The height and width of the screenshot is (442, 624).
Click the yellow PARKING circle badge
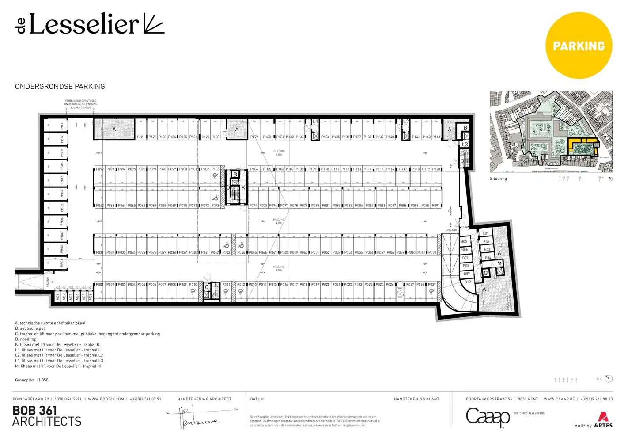point(579,46)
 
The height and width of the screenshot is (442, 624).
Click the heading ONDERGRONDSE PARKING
point(60,87)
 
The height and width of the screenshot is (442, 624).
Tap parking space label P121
point(140,137)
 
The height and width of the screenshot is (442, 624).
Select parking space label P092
point(100,169)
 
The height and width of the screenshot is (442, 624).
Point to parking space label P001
point(99,285)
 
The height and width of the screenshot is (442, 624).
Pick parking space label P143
point(436,137)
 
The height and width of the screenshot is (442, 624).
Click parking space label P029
point(432,285)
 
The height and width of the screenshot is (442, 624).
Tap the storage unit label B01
point(485,234)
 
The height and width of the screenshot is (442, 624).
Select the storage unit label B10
point(468,282)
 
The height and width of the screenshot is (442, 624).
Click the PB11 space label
point(62,126)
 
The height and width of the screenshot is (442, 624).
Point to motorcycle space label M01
point(57,297)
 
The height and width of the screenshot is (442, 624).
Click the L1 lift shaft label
point(315,122)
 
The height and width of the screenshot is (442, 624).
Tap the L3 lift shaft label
point(465,145)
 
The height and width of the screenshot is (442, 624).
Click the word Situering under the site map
point(498,179)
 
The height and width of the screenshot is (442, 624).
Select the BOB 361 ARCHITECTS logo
point(47,416)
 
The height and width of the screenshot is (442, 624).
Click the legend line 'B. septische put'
point(30,328)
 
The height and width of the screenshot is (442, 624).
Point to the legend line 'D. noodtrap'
point(26,339)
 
